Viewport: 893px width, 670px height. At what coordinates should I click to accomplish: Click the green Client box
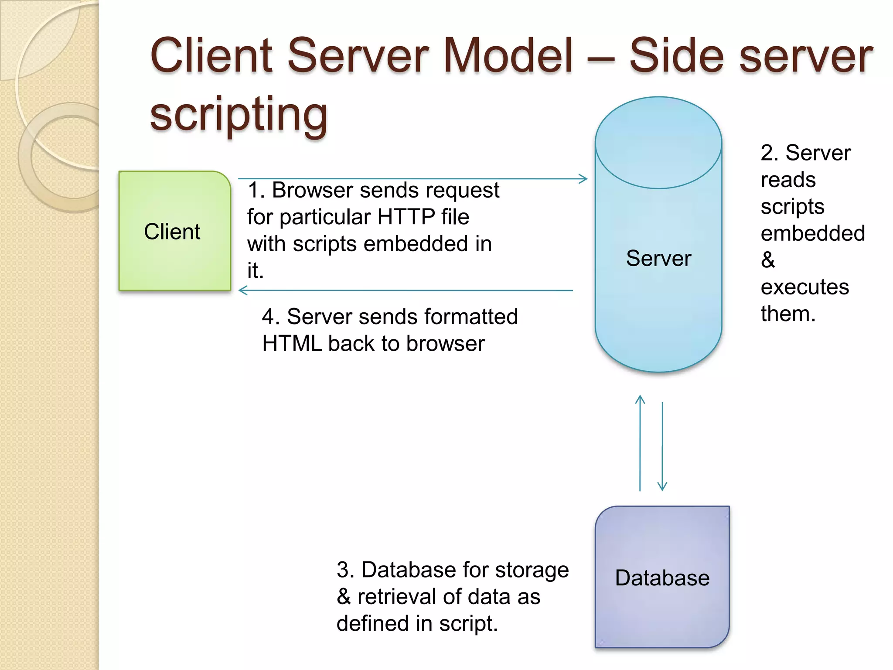(x=174, y=253)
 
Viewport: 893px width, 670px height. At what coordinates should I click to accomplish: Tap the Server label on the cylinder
(x=658, y=258)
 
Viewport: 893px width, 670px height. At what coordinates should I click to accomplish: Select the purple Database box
(x=662, y=611)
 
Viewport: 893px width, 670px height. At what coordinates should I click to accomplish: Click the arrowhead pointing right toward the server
(x=583, y=179)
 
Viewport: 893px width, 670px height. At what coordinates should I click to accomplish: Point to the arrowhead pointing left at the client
(x=243, y=290)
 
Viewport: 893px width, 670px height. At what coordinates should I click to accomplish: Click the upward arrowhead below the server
(x=640, y=399)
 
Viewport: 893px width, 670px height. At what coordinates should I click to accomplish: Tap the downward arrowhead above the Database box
(x=662, y=486)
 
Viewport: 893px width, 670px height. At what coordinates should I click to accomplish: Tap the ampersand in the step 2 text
(x=768, y=260)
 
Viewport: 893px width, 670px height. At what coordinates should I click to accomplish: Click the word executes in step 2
(x=804, y=287)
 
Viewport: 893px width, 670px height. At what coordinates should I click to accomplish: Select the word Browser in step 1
(x=312, y=190)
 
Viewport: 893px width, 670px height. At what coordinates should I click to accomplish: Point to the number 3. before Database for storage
(x=345, y=570)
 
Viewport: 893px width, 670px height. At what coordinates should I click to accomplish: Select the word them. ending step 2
(x=787, y=314)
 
